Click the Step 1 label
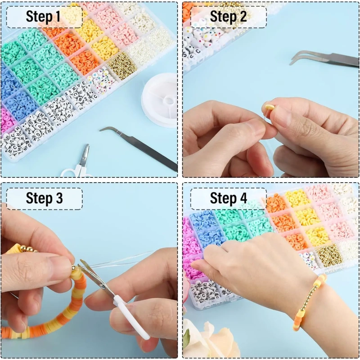(43, 17)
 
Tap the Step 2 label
(228, 17)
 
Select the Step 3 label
(44, 198)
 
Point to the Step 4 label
(229, 198)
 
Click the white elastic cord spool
(160, 100)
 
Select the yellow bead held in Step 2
(270, 107)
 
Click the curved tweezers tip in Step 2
(293, 58)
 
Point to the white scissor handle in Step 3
(132, 318)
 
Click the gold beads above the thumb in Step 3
(28, 249)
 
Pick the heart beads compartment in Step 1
(102, 80)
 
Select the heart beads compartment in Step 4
(309, 260)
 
